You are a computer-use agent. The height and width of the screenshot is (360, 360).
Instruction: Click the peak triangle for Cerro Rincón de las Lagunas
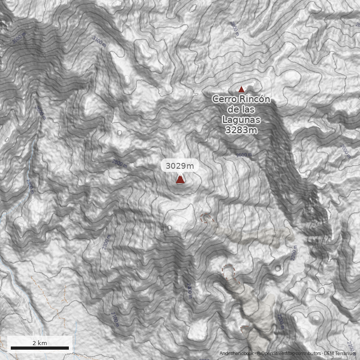coord(241,89)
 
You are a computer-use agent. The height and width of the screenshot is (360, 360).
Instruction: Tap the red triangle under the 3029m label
coord(180,180)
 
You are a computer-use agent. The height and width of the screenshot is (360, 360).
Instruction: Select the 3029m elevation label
coord(180,166)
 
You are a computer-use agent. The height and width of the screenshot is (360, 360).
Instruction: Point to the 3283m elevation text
coord(241,130)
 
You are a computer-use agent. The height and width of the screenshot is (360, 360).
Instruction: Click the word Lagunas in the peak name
coord(241,120)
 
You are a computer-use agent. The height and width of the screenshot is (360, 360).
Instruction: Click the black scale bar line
coord(40,348)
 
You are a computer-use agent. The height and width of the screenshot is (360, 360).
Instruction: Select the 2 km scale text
coord(40,342)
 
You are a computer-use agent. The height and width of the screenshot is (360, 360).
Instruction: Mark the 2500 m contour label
coord(244,155)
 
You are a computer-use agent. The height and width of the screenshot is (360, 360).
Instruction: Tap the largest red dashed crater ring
coord(229,272)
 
